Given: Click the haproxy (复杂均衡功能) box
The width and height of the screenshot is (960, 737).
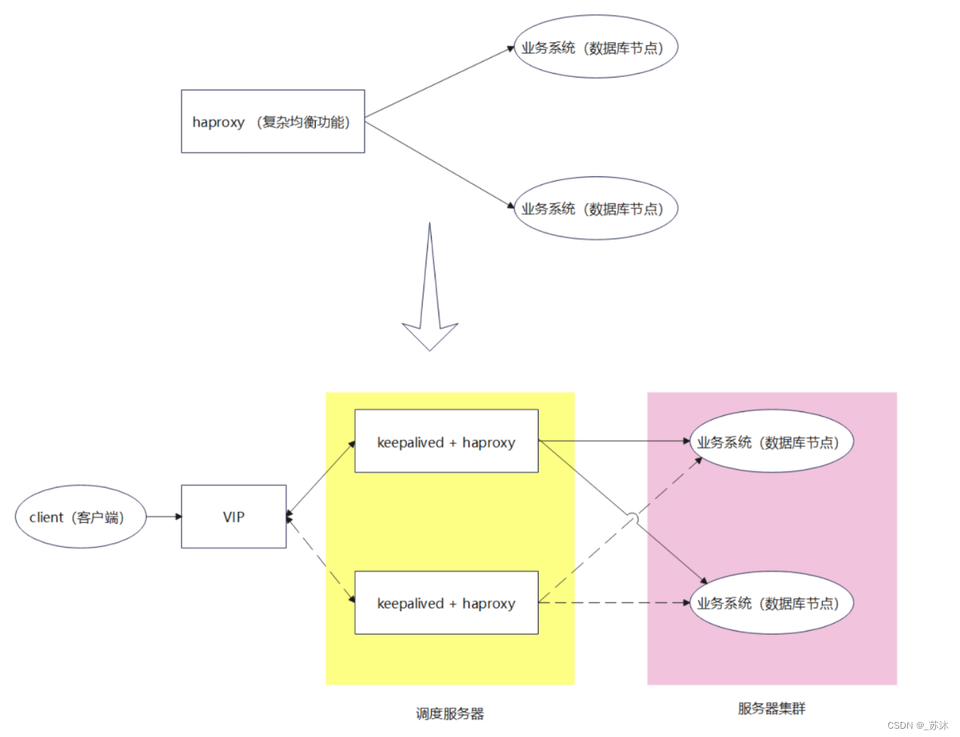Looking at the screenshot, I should (273, 121).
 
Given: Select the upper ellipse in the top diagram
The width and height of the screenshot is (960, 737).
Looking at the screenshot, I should (595, 47).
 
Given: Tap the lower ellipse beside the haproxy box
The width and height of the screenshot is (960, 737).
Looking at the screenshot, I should (595, 208).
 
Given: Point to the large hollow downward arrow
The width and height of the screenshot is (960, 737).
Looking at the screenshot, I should (430, 301).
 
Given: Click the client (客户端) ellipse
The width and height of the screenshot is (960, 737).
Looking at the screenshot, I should (80, 517).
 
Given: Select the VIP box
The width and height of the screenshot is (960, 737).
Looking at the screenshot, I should (234, 517).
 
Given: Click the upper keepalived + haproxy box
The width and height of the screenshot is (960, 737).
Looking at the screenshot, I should (446, 442).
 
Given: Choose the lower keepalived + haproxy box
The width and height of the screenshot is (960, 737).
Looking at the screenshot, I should (446, 603).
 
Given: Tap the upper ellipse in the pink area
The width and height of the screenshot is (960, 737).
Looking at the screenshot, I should (771, 442).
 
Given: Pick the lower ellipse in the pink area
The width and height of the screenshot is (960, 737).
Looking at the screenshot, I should (771, 603).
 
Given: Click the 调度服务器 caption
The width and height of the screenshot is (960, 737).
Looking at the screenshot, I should (450, 714).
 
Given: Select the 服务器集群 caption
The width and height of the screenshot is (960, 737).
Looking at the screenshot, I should (771, 708).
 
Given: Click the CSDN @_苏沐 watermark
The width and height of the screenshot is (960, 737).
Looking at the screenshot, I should (917, 725).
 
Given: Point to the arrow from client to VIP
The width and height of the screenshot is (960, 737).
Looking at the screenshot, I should (164, 517).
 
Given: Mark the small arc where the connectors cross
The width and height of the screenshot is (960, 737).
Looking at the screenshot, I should (633, 518).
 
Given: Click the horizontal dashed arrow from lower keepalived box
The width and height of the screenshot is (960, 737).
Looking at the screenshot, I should (614, 603).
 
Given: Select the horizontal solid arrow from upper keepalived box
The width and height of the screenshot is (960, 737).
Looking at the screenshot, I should (614, 441).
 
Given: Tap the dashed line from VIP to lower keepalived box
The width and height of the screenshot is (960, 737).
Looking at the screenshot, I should (320, 560).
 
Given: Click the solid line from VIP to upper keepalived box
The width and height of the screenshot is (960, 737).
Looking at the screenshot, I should (320, 479).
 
